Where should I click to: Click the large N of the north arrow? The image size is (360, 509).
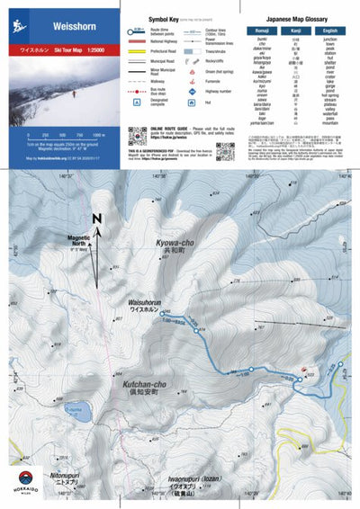click(97, 219)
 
